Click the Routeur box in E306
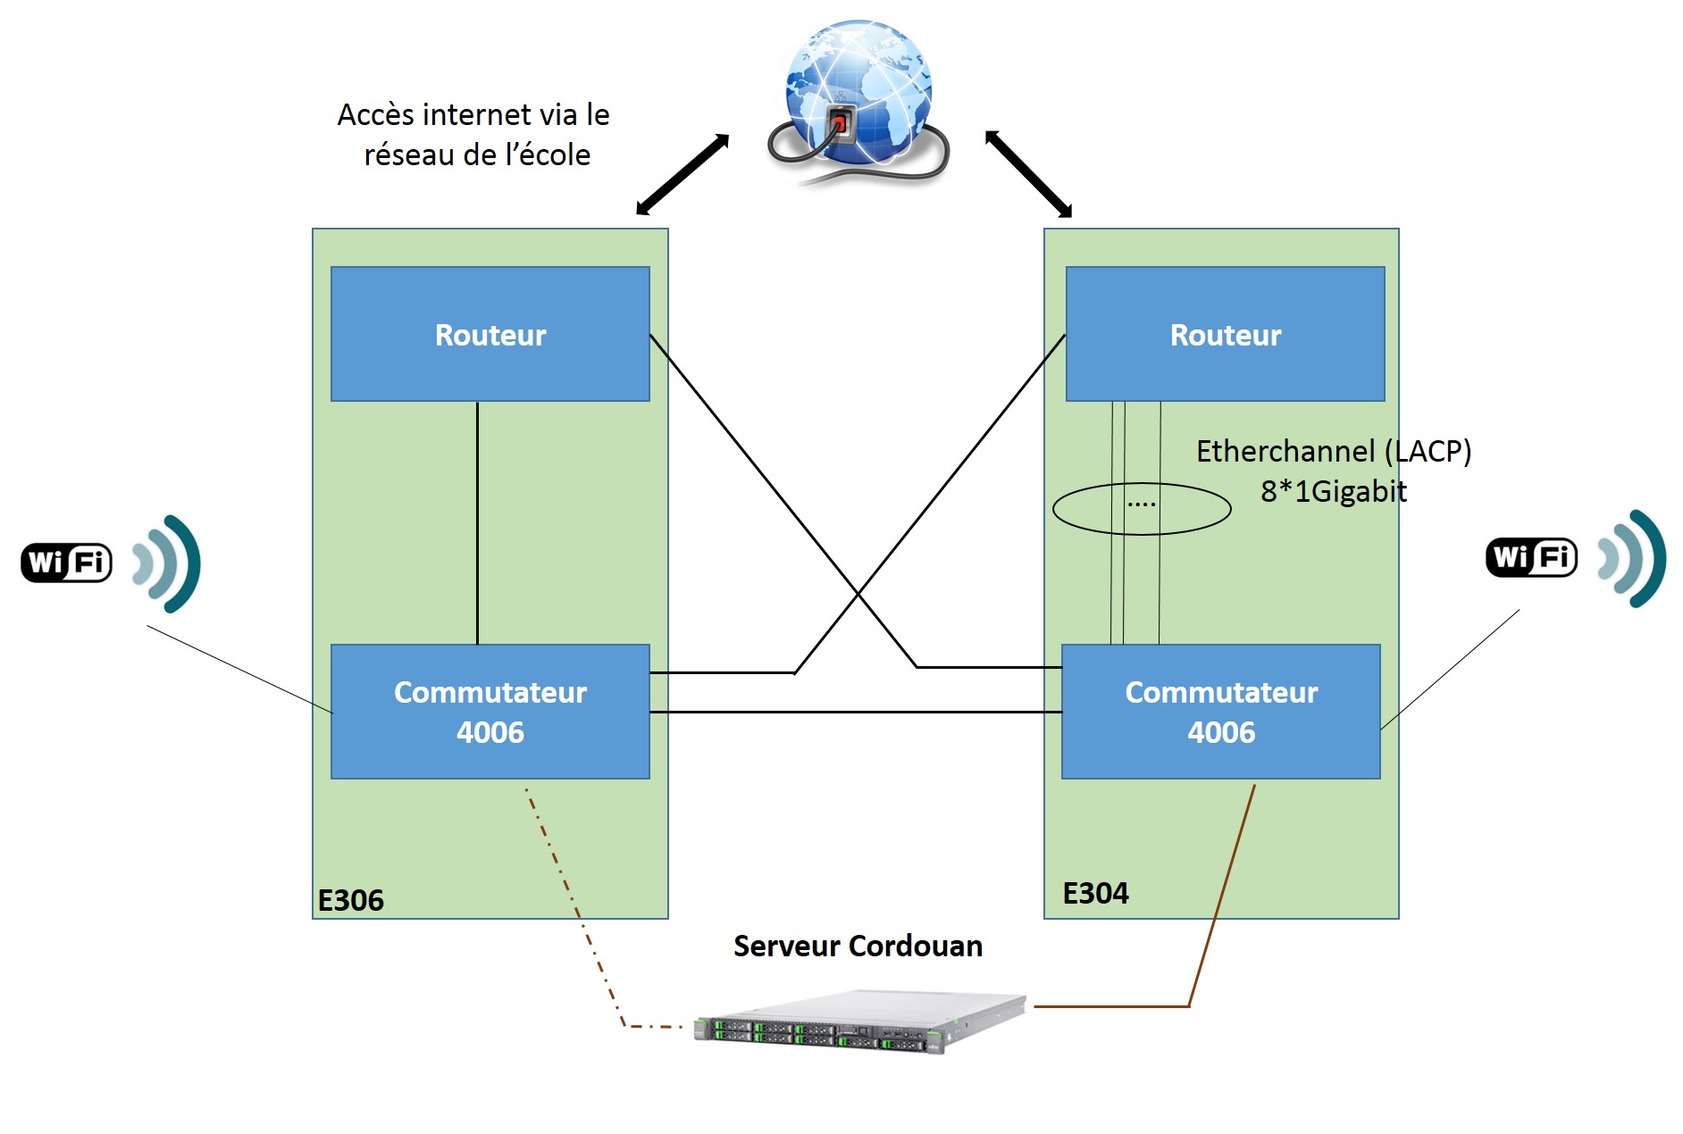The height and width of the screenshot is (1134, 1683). tap(490, 334)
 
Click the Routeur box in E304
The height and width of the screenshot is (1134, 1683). tap(1225, 334)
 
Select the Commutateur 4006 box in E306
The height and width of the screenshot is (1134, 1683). tap(490, 712)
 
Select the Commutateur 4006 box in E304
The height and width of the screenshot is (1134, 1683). tap(1220, 712)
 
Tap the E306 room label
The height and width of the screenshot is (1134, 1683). tap(350, 900)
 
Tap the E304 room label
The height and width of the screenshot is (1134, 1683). tap(1095, 893)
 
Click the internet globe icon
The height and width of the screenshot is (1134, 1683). tap(858, 98)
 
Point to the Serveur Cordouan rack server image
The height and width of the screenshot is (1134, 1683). tap(859, 1022)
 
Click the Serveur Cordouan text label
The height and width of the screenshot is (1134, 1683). tap(858, 946)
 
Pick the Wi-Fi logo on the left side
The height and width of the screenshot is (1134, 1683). tap(67, 563)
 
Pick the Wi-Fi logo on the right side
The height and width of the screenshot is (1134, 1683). tap(1531, 557)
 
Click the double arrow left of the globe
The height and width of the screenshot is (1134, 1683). tap(682, 175)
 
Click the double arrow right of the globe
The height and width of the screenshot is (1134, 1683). tap(1028, 174)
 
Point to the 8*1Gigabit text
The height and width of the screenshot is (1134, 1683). tap(1333, 491)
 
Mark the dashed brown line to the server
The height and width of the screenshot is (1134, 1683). tap(572, 902)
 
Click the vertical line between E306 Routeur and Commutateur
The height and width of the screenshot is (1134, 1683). tap(477, 522)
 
